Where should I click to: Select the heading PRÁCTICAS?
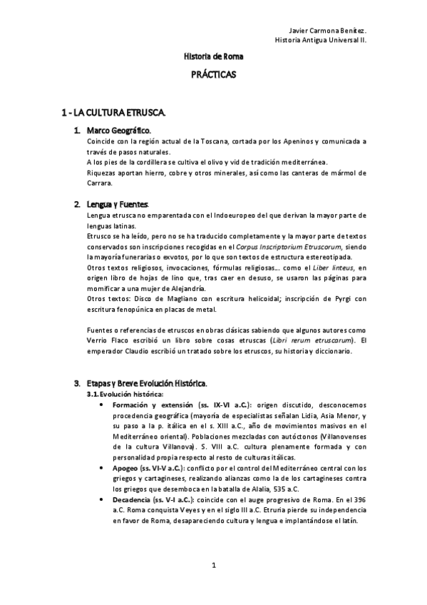point(213,73)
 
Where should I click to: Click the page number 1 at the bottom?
point(213,565)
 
